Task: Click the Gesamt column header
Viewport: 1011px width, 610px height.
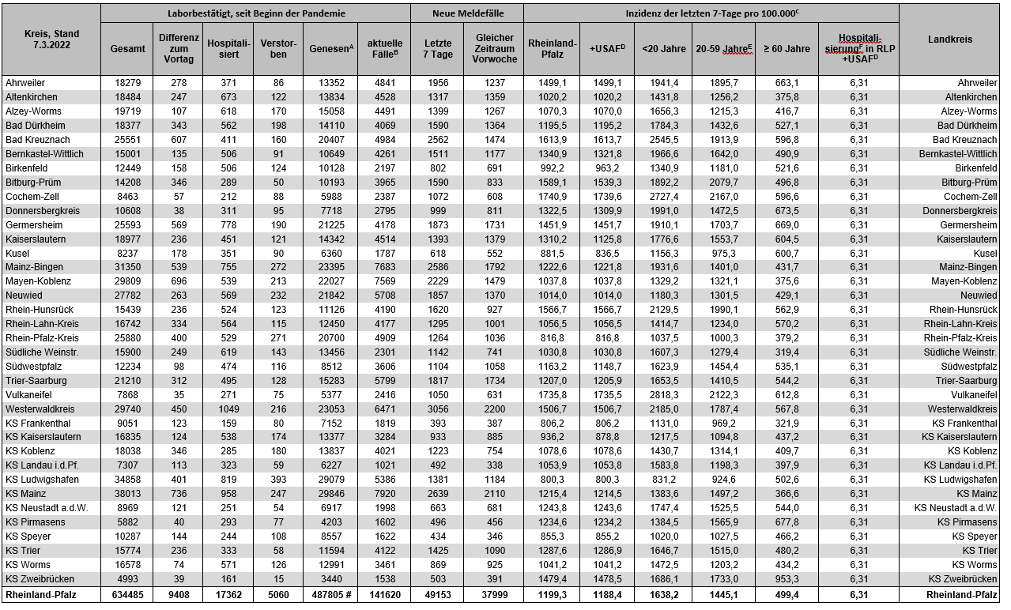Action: (x=127, y=48)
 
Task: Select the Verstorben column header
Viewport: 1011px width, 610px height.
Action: (x=273, y=48)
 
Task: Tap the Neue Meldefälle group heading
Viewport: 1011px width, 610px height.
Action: (x=466, y=13)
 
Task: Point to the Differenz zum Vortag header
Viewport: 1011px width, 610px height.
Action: (x=179, y=48)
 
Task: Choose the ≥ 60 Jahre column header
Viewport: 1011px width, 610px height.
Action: (x=786, y=48)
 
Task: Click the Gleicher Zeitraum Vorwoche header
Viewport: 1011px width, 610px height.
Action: (x=495, y=48)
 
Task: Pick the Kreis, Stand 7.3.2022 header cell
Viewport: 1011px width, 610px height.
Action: (x=51, y=39)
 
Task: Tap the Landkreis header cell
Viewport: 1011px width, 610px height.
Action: (x=949, y=39)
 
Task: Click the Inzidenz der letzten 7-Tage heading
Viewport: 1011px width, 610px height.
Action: (x=711, y=13)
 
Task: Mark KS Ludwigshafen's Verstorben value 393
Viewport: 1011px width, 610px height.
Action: (x=273, y=479)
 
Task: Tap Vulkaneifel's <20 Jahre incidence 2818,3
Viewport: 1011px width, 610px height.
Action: (x=664, y=394)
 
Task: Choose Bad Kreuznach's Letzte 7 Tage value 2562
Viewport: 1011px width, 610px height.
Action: (x=437, y=139)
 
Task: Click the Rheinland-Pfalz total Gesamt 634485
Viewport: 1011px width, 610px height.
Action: (x=127, y=593)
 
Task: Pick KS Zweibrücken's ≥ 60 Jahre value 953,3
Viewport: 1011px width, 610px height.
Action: (x=786, y=578)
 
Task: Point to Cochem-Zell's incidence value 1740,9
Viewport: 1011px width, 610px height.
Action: (x=552, y=196)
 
